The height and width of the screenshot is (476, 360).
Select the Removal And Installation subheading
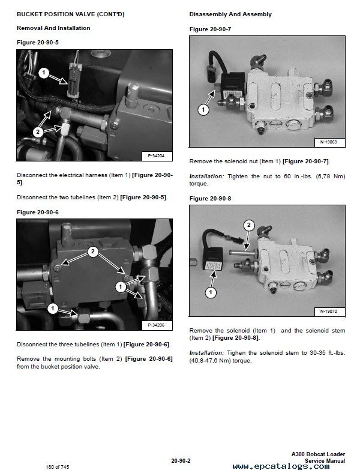(x=53, y=28)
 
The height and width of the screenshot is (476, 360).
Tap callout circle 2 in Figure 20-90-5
(x=37, y=130)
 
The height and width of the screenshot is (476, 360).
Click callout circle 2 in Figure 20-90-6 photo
(x=92, y=252)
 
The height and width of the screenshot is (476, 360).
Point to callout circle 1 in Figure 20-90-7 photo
(x=203, y=109)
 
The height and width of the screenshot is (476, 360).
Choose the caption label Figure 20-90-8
(x=210, y=198)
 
